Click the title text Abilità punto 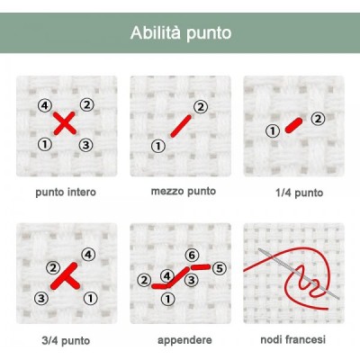pyautogui.click(x=181, y=32)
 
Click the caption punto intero pyautogui.click(x=66, y=193)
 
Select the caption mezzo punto pyautogui.click(x=184, y=191)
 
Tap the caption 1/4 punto pyautogui.click(x=299, y=193)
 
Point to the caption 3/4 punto pyautogui.click(x=66, y=340)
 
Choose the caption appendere pyautogui.click(x=184, y=340)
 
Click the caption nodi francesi pyautogui.click(x=292, y=339)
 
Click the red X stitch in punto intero pyautogui.click(x=65, y=123)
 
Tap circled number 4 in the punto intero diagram pyautogui.click(x=45, y=105)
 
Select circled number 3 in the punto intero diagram pyautogui.click(x=85, y=145)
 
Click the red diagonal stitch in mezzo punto pyautogui.click(x=181, y=126)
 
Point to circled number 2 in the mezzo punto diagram pyautogui.click(x=201, y=107)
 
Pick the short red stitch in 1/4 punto pyautogui.click(x=293, y=125)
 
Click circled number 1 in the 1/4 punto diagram pyautogui.click(x=273, y=131)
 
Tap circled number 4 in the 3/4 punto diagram pyautogui.click(x=88, y=255)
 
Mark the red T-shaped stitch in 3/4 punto pyautogui.click(x=65, y=276)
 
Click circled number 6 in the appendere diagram pyautogui.click(x=192, y=256)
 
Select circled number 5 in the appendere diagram pyautogui.click(x=220, y=268)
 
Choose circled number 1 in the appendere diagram pyautogui.click(x=167, y=299)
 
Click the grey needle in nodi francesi pyautogui.click(x=299, y=274)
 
